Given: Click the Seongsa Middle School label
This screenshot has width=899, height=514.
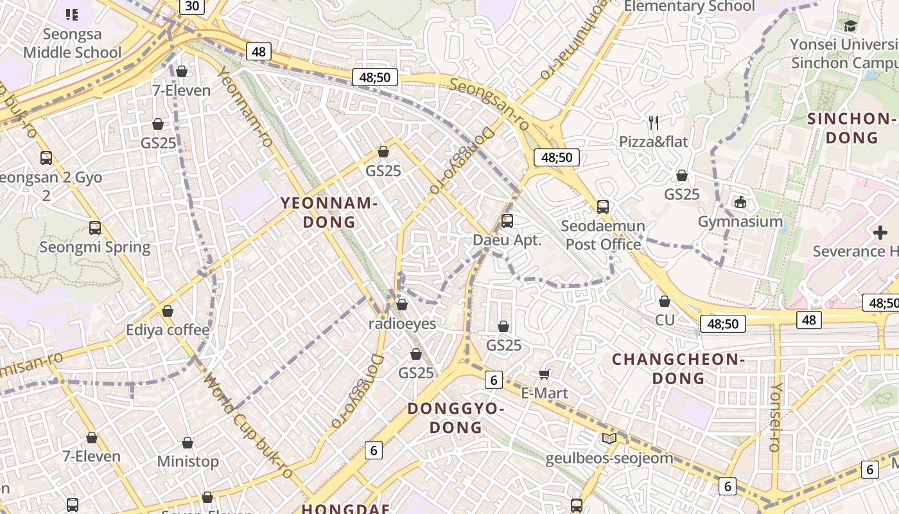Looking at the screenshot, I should pos(72,43).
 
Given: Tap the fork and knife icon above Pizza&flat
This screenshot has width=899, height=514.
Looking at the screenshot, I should pos(654,122).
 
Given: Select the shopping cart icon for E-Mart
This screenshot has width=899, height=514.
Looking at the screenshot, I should pos(545,374).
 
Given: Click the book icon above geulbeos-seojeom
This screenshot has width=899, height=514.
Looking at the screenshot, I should pos(609,439).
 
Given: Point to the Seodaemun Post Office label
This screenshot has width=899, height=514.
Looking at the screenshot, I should pos(603,235).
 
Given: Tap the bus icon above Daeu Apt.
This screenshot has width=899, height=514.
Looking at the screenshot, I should pos(507,221).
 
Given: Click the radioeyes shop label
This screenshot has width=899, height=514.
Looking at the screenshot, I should pos(402,324).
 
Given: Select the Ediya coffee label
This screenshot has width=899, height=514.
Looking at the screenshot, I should pos(168,330).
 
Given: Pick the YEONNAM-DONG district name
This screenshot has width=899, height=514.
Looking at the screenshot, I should pos(328,213).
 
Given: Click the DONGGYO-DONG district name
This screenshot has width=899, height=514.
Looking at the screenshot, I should pos(456,418).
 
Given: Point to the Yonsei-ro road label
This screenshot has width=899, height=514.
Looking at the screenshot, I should pos(776,417).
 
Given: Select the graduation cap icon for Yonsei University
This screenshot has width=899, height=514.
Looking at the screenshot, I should pos(851,26).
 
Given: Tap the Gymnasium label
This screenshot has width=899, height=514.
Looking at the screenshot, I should pos(740,222).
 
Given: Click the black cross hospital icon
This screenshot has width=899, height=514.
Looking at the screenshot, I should pos(880,233).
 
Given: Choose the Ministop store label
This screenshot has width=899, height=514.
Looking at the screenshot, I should pos(188,461).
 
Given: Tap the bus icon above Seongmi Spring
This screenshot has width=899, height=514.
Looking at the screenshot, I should pos(95,227).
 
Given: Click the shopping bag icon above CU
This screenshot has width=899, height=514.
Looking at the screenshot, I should pos(665,301).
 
